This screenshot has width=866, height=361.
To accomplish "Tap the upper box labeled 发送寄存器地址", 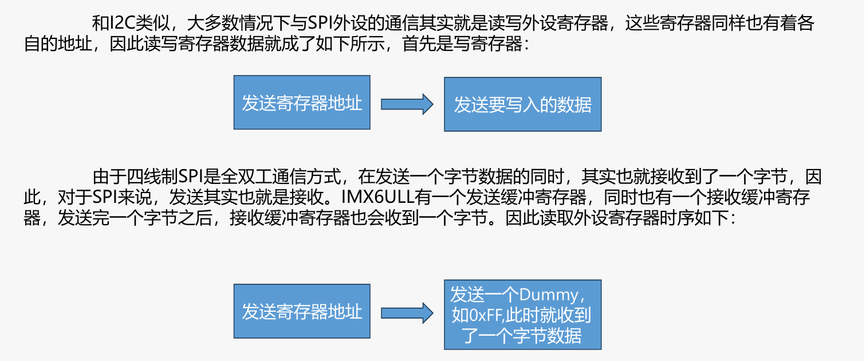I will (302, 103).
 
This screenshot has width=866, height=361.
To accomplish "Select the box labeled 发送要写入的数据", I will (522, 104).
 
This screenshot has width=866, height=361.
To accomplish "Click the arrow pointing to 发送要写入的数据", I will (407, 103).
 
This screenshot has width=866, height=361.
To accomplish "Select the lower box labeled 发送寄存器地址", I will (302, 311).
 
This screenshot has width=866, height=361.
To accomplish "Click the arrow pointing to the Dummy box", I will (407, 312).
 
